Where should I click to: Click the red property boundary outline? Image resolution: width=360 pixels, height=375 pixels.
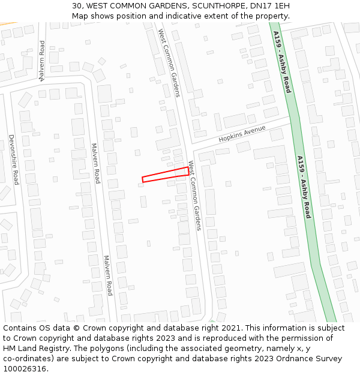pos(165,175)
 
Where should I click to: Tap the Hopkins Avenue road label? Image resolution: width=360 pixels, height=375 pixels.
pos(242,133)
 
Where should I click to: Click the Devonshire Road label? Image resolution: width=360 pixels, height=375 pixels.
pos(13,159)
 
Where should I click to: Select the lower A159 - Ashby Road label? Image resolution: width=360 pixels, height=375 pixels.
pos(303,187)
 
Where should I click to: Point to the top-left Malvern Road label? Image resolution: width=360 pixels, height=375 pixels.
pos(42,61)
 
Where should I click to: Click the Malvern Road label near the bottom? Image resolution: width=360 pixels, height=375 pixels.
pos(107,275)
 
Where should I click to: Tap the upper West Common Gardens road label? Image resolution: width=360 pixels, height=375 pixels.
pos(169,62)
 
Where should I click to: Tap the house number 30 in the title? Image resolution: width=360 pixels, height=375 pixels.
pos(77,6)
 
